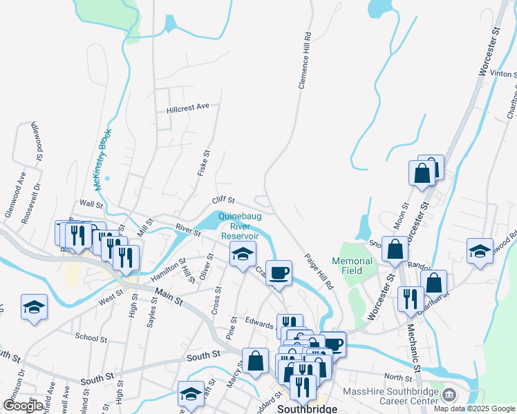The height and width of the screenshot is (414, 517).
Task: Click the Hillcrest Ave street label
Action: click(187, 108)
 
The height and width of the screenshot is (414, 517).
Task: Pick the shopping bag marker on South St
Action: click(255, 361)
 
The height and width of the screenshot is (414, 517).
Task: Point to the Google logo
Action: click(23, 406)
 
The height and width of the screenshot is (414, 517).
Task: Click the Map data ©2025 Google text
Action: click(474, 408)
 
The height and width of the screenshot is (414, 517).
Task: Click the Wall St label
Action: click(91, 204)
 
